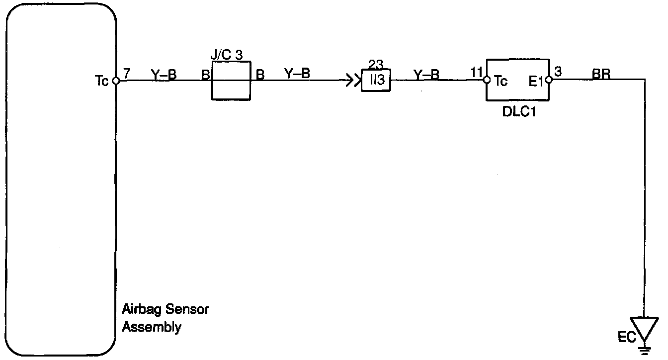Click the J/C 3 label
pyautogui.click(x=226, y=55)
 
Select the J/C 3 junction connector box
pyautogui.click(x=231, y=81)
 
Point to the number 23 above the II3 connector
pyautogui.click(x=376, y=65)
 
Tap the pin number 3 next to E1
pyautogui.click(x=558, y=72)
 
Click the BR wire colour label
pyautogui.click(x=601, y=74)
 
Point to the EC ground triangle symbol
pyautogui.click(x=644, y=329)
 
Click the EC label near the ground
pyautogui.click(x=627, y=338)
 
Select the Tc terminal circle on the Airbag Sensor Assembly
pyautogui.click(x=115, y=81)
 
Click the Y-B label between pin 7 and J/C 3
pyautogui.click(x=164, y=74)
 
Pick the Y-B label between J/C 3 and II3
pyautogui.click(x=297, y=74)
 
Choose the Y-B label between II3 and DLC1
pyautogui.click(x=426, y=75)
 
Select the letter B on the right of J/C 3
pyautogui.click(x=260, y=75)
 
